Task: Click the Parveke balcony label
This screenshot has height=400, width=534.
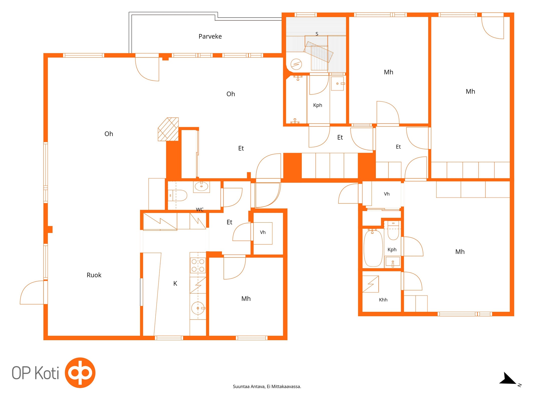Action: [210, 36]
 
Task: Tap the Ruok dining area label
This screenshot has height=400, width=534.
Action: [94, 275]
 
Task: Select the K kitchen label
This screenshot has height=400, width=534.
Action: [175, 283]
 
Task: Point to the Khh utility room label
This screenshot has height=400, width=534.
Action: [383, 300]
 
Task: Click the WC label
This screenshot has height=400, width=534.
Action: [200, 209]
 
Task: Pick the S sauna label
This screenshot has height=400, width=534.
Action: [317, 34]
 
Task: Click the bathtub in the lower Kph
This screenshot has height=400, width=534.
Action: [373, 248]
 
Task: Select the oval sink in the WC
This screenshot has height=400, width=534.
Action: [201, 186]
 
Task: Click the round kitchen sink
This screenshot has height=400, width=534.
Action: [198, 308]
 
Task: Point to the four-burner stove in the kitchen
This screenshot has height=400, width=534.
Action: [198, 265]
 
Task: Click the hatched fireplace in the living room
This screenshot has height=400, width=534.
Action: [168, 129]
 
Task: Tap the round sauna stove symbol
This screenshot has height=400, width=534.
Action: [296, 64]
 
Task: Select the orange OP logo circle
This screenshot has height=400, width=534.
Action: [80, 372]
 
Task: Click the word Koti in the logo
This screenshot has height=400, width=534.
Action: [47, 373]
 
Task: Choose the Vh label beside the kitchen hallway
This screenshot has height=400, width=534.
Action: [263, 232]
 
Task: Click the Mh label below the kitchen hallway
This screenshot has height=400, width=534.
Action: [246, 298]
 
